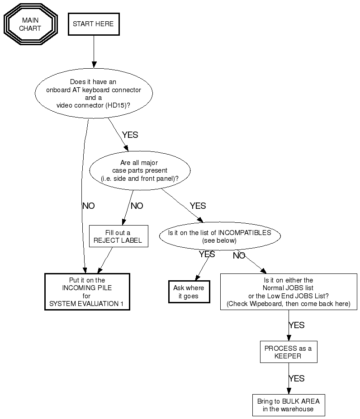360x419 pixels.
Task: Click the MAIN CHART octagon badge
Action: click(30, 24)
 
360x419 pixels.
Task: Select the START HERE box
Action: click(93, 24)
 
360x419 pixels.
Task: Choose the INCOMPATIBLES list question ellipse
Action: click(219, 236)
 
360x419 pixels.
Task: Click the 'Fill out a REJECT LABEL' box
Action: click(118, 236)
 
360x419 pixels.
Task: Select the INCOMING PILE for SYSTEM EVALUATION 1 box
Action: click(87, 292)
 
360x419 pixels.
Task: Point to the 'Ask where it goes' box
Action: click(189, 292)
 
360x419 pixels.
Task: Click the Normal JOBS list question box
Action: click(288, 292)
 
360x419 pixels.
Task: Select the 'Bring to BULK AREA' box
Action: click(288, 405)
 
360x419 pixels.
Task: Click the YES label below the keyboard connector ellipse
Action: click(130, 135)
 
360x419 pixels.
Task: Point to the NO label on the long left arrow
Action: click(89, 206)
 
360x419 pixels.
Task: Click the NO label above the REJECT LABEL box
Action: click(137, 206)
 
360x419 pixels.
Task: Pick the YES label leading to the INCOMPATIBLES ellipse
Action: click(198, 206)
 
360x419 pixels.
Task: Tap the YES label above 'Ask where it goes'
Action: click(207, 254)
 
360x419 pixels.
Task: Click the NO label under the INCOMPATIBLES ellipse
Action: click(239, 256)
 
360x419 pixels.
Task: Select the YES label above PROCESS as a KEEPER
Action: click(296, 325)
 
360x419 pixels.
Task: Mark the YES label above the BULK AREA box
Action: click(296, 378)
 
